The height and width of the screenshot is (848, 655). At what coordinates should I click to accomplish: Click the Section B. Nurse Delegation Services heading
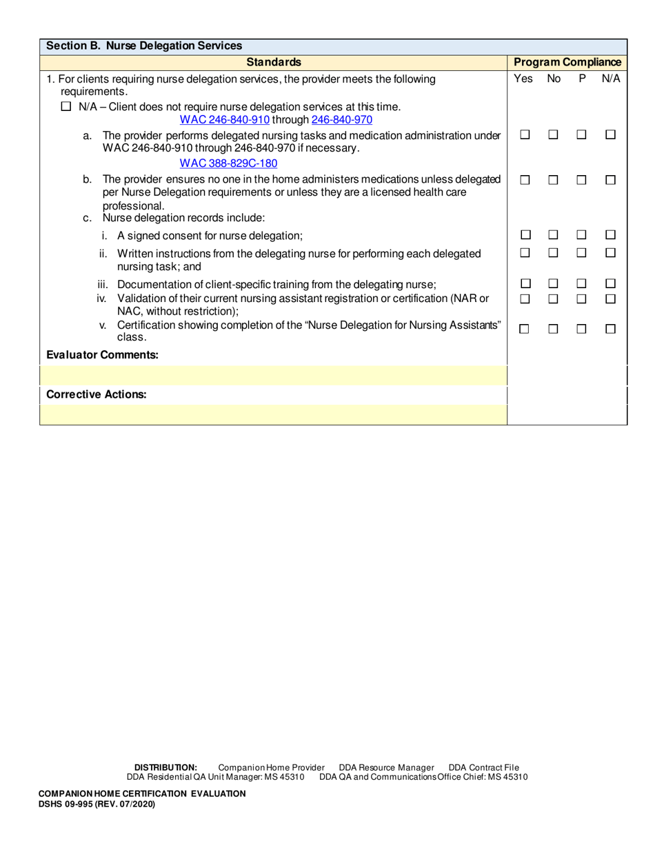pos(143,47)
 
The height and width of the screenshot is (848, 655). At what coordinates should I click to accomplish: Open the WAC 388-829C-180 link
pos(219,163)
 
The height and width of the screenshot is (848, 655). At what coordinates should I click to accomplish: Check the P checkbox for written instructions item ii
pos(582,254)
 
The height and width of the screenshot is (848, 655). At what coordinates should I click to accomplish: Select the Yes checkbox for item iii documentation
pos(524,284)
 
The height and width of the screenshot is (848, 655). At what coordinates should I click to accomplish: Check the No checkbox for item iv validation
pos(553,299)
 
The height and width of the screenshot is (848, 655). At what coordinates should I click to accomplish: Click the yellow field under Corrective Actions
pos(273,414)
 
